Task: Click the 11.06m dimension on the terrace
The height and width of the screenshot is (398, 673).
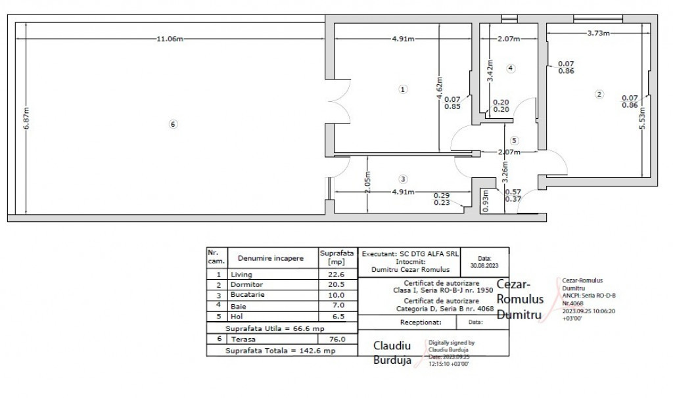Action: pyautogui.click(x=169, y=39)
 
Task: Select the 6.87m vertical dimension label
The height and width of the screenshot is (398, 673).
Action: pyautogui.click(x=26, y=118)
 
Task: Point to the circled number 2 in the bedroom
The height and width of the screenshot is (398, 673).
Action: pyautogui.click(x=599, y=95)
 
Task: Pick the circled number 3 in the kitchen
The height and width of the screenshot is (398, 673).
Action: pyautogui.click(x=403, y=179)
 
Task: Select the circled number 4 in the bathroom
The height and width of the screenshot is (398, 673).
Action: pyautogui.click(x=510, y=68)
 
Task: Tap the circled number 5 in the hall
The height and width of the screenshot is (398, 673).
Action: pyautogui.click(x=514, y=140)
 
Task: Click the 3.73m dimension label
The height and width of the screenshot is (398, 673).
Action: pyautogui.click(x=597, y=33)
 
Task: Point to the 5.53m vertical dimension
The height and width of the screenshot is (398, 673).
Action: pyautogui.click(x=641, y=120)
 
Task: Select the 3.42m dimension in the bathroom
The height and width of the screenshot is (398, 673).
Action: pyautogui.click(x=489, y=69)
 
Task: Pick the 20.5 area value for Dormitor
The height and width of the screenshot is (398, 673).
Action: pyautogui.click(x=336, y=285)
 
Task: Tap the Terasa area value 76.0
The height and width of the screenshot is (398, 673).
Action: pyautogui.click(x=336, y=339)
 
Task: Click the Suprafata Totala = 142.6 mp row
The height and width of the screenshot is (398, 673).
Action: pyautogui.click(x=281, y=351)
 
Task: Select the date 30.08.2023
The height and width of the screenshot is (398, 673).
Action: pyautogui.click(x=484, y=265)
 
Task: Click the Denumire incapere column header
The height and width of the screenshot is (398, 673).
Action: pyautogui.click(x=271, y=258)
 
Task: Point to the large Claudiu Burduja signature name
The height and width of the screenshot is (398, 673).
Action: pyautogui.click(x=392, y=352)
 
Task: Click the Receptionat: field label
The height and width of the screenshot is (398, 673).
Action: pyautogui.click(x=420, y=322)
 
